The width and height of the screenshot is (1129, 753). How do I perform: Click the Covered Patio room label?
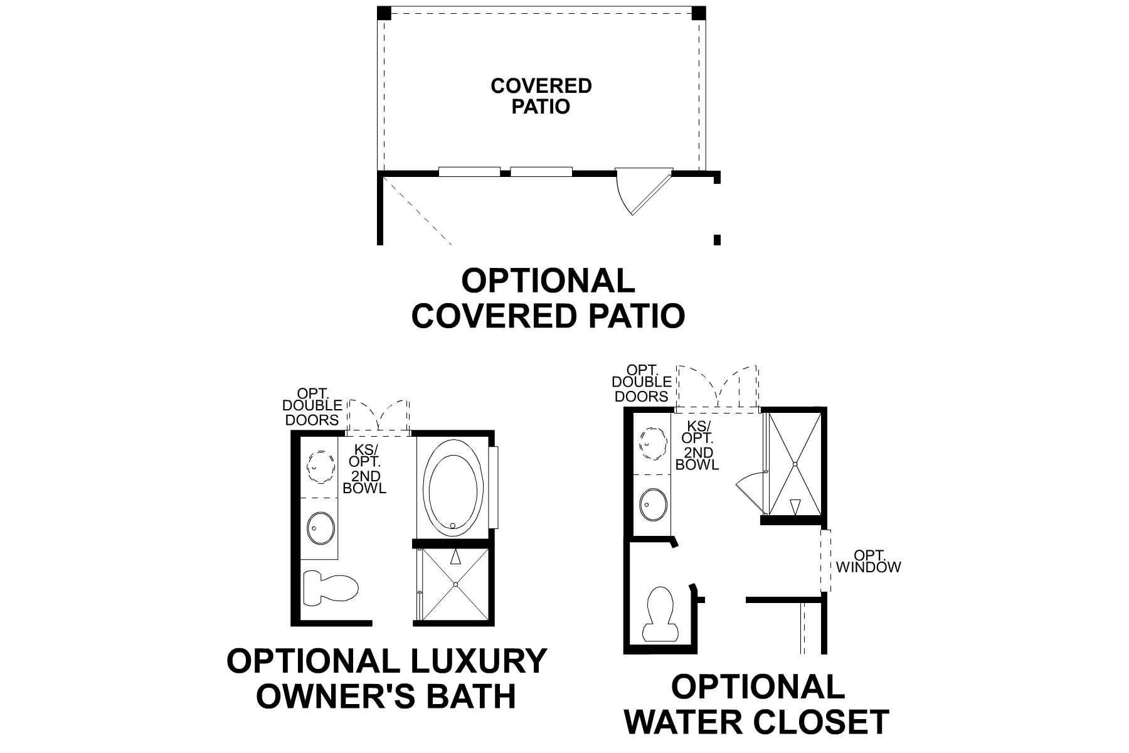tap(541, 96)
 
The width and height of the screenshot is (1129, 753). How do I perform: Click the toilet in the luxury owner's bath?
tap(330, 587)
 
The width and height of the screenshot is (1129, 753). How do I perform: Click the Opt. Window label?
tap(868, 562)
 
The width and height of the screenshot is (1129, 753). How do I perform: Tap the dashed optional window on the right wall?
tap(825, 560)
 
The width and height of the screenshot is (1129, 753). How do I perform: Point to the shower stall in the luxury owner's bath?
tap(456, 585)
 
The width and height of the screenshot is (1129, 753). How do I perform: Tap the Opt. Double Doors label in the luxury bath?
tap(312, 407)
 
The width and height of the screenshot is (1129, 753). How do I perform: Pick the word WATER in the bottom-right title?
tap(692, 722)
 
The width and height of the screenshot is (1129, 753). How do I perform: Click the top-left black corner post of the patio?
tap(384, 13)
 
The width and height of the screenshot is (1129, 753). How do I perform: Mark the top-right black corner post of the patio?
tap(699, 13)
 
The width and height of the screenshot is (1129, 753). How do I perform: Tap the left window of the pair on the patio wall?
tap(469, 171)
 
